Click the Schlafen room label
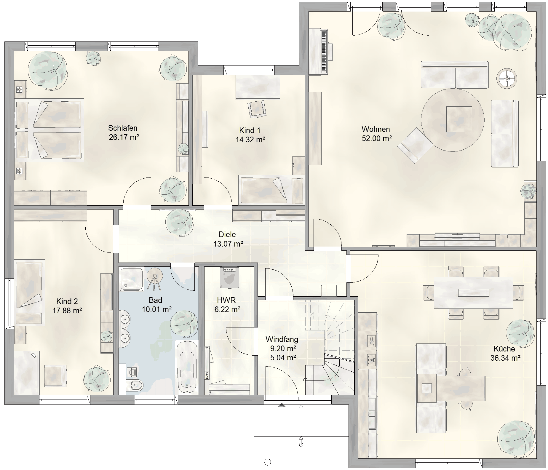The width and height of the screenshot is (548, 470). [x=123, y=128]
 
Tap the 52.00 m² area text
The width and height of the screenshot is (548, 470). [x=377, y=138]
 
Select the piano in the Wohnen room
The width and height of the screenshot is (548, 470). [x=320, y=51]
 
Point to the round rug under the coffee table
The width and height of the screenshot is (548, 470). [x=453, y=120]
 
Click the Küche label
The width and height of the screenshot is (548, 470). [x=504, y=349]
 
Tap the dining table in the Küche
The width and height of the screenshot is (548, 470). [x=473, y=293]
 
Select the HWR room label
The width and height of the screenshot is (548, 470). [x=226, y=300]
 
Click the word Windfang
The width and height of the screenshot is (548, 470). [x=282, y=339]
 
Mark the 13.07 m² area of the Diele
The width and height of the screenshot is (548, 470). [x=228, y=244]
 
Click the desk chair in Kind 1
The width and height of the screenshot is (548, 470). [x=257, y=109]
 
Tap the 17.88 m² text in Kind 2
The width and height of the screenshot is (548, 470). [x=67, y=311]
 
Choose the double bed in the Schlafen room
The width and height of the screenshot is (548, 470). [x=49, y=130]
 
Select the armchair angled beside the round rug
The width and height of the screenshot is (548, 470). [x=415, y=145]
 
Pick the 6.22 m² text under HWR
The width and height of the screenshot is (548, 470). [x=227, y=310]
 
